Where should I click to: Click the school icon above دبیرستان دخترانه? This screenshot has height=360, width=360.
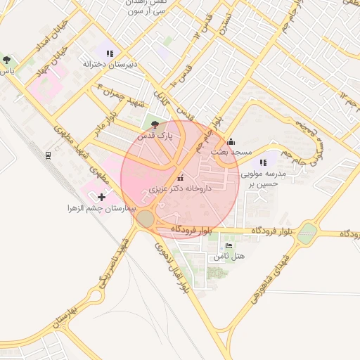[109, 53]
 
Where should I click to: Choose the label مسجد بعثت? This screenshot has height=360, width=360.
[229, 152]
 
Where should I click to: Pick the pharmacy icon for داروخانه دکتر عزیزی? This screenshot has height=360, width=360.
[181, 176]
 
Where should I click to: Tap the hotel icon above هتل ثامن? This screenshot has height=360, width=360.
[229, 246]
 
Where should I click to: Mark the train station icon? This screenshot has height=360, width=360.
[47, 155]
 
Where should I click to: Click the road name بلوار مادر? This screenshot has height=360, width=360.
[101, 124]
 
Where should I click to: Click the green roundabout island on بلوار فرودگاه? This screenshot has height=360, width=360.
[307, 233]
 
